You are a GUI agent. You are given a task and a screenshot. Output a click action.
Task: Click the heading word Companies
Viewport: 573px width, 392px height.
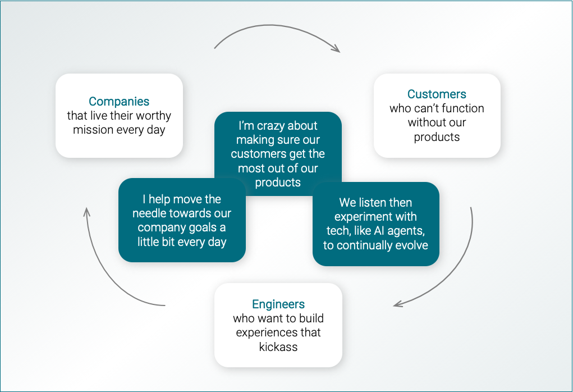point(119,102)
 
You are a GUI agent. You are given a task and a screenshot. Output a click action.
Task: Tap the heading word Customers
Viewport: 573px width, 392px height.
point(437,94)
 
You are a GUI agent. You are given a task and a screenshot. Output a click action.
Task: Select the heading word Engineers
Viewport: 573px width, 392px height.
point(278,304)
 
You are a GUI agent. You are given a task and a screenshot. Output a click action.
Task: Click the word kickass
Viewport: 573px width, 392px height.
point(278,347)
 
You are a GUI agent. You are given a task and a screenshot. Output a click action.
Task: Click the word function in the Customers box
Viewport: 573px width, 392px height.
point(461,108)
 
